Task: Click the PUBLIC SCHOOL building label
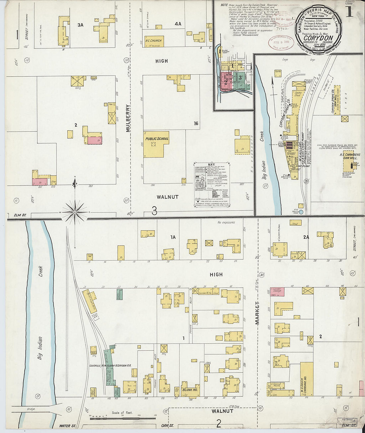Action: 157,139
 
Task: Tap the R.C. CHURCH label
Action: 153,41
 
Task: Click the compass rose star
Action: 75,211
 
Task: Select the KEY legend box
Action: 212,185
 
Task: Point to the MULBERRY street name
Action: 128,118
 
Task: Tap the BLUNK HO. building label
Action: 190,390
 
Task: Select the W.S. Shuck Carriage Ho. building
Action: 306,379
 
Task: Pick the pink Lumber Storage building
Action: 277,292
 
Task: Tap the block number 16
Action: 196,123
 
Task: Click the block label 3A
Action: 80,25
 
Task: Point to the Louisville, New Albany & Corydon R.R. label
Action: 110,365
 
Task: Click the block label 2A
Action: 306,237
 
